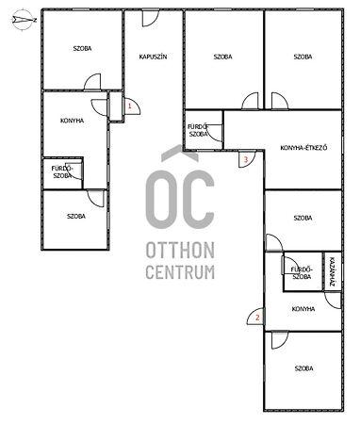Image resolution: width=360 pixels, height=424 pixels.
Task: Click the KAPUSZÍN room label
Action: (153, 57)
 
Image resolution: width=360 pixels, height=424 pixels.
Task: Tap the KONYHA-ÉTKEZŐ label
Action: (303, 147)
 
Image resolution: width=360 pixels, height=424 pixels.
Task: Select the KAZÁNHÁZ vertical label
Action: (332, 272)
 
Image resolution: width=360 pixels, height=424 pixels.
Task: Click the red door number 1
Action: (129, 106)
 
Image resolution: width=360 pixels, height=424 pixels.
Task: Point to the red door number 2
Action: (257, 318)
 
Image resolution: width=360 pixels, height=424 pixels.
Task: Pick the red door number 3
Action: (246, 159)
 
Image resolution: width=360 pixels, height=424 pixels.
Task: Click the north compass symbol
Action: (24, 20)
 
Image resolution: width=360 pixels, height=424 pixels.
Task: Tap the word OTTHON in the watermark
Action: (180, 251)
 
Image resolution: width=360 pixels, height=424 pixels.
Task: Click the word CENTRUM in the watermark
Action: (180, 272)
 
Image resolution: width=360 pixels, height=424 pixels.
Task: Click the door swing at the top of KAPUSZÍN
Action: (151, 18)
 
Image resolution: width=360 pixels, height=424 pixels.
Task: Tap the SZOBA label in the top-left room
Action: (82, 49)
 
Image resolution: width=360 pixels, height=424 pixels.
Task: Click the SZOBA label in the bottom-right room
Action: (304, 368)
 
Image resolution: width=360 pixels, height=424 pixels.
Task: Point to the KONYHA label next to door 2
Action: (303, 309)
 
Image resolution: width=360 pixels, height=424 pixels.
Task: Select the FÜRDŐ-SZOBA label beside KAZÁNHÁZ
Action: (302, 273)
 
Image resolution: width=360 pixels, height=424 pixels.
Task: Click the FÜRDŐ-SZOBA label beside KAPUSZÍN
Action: (198, 130)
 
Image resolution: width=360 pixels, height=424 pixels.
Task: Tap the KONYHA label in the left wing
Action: (73, 121)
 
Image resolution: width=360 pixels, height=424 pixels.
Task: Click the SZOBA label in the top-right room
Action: (303, 57)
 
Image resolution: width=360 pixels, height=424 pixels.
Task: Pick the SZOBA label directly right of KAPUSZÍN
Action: (223, 57)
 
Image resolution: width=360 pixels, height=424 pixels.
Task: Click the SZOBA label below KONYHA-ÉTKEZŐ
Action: (303, 218)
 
